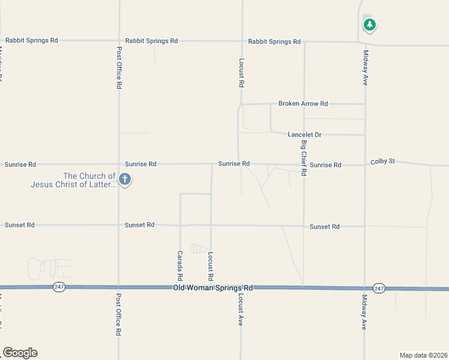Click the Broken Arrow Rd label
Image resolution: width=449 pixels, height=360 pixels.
(x=303, y=104)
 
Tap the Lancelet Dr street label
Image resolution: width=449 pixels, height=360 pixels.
(x=305, y=134)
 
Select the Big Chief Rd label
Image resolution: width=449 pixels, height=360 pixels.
(x=304, y=158)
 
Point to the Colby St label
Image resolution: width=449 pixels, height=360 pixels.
(x=383, y=161)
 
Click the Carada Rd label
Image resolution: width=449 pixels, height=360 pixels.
(x=179, y=266)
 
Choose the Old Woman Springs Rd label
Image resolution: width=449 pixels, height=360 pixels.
(x=212, y=288)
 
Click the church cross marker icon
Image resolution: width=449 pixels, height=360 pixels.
(x=125, y=179)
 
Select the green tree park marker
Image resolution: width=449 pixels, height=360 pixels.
(x=370, y=25)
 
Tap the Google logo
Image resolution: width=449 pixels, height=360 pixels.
(x=20, y=353)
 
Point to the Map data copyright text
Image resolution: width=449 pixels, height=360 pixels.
(x=423, y=355)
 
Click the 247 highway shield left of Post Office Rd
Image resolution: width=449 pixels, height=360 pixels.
(x=58, y=287)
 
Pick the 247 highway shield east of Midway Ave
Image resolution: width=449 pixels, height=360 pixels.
(x=378, y=289)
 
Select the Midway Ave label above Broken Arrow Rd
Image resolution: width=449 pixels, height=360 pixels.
(x=365, y=67)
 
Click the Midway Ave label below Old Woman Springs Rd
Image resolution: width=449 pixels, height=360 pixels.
(x=364, y=312)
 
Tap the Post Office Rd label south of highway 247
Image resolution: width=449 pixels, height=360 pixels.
(x=119, y=315)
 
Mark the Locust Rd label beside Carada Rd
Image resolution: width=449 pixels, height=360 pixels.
(x=211, y=266)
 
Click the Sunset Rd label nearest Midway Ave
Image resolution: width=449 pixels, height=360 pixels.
(x=325, y=227)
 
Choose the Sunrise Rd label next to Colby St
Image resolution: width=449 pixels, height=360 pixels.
(x=325, y=164)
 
